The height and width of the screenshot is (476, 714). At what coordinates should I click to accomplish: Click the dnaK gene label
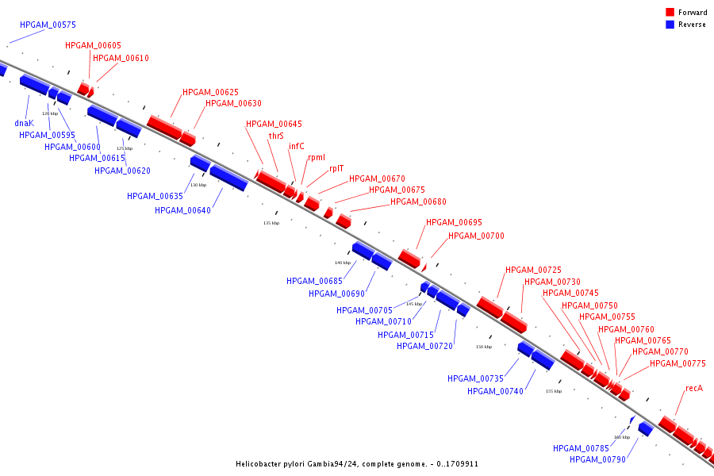tap(24, 123)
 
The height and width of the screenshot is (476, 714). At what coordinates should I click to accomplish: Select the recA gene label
tap(694, 388)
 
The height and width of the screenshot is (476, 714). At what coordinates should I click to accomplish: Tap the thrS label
tap(276, 136)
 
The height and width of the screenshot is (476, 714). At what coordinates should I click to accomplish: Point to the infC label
tap(297, 146)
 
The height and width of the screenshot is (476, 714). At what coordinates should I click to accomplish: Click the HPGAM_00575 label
tap(48, 25)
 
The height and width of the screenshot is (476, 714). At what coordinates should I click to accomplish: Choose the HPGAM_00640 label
tap(182, 210)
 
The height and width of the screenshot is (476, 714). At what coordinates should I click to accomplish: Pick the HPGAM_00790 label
tap(597, 459)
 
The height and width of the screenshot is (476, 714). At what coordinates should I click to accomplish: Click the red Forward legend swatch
tap(670, 12)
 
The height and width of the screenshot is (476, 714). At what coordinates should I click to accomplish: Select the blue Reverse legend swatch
tap(670, 24)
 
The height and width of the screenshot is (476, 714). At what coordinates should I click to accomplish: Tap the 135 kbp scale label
tap(271, 223)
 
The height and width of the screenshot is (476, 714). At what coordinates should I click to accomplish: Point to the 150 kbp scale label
tap(484, 347)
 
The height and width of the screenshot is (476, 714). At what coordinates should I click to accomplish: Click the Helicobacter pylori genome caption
tap(357, 463)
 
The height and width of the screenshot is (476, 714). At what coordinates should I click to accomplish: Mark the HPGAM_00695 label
tap(454, 222)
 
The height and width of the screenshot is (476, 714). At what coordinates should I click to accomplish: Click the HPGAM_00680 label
tap(418, 202)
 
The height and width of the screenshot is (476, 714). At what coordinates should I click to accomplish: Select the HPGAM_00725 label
tap(533, 270)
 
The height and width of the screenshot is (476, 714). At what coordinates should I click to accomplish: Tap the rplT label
tap(336, 168)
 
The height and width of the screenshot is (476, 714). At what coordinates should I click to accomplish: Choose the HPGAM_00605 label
tap(93, 45)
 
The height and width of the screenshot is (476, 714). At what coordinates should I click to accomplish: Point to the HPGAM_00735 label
tap(475, 378)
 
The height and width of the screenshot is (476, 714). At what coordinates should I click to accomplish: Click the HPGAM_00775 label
tap(678, 363)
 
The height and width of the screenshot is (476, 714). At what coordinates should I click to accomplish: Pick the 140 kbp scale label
tap(343, 263)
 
